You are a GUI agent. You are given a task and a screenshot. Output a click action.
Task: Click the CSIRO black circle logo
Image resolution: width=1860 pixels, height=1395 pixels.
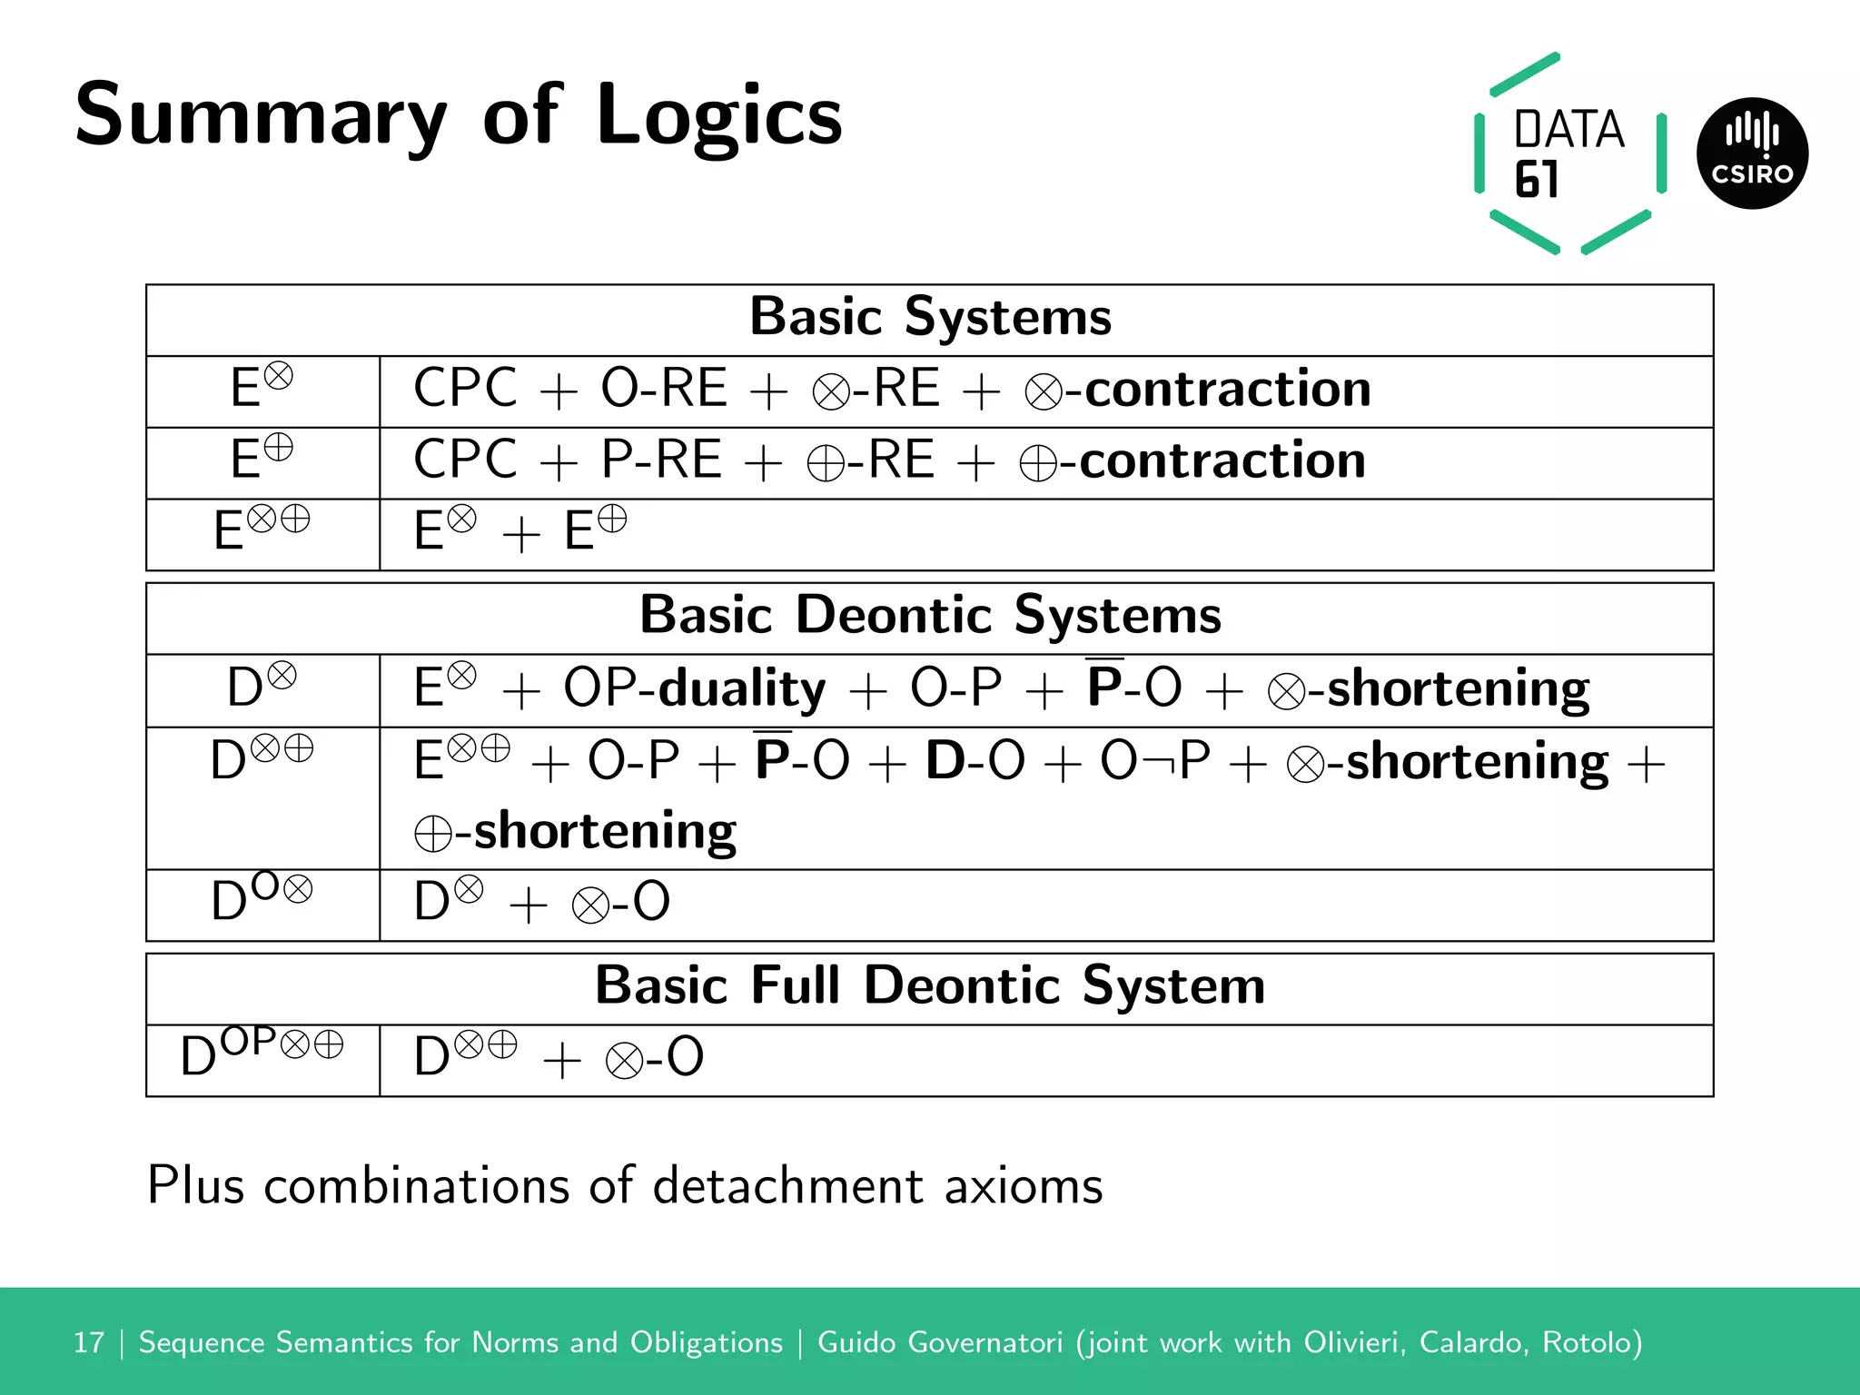1752,153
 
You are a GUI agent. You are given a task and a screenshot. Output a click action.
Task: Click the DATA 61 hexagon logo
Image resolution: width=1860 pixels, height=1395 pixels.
1569,153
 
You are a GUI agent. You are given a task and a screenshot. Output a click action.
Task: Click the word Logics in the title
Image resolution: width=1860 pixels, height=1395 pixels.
719,116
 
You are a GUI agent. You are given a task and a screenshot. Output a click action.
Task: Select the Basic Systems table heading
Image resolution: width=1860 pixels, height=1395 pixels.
930,318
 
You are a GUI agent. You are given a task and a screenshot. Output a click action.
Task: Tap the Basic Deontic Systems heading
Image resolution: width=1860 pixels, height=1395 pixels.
930,616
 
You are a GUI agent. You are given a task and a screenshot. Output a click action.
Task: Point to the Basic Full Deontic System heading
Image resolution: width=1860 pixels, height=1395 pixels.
930,986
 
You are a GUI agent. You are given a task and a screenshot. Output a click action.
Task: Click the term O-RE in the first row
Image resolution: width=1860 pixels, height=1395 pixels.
664,389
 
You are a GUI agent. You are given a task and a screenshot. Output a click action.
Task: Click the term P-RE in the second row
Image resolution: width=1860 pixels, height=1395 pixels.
661,460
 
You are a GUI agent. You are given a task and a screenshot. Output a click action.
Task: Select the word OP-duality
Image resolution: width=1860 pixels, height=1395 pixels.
695,688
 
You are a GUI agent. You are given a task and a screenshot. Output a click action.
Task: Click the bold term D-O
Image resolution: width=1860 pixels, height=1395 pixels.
975,761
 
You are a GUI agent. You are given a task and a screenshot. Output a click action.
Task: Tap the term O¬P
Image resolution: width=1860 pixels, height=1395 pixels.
1155,761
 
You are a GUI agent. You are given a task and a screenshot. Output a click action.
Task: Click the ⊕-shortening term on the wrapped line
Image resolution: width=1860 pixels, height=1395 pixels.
576,831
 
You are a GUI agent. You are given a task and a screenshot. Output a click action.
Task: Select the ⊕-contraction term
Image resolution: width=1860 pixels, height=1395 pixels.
1192,460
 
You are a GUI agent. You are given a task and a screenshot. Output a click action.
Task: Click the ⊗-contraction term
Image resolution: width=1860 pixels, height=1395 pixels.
1198,390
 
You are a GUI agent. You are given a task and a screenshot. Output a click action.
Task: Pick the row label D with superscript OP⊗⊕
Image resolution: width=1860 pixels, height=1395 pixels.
262,1054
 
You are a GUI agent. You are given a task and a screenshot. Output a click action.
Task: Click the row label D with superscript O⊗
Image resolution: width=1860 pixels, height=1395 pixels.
262,899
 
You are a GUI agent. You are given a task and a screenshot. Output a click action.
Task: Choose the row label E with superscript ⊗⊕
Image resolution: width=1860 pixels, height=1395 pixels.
262,529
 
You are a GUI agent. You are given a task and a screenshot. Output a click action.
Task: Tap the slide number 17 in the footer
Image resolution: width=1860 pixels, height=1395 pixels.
89,1342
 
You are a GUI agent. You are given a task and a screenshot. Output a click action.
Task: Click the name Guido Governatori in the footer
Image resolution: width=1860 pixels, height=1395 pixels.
939,1342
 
